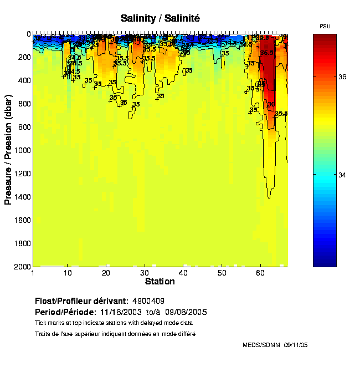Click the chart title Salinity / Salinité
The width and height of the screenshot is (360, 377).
click(160, 18)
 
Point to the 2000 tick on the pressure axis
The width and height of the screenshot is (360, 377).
click(23, 267)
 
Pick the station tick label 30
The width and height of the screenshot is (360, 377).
click(144, 273)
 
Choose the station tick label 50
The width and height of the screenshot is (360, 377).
click(222, 273)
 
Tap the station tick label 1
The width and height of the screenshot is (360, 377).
click(34, 273)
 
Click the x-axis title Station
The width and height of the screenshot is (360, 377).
click(160, 282)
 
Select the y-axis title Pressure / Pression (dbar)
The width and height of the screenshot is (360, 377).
click(8, 150)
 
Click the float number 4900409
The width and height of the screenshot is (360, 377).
click(148, 301)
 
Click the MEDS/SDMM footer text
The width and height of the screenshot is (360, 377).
click(261, 345)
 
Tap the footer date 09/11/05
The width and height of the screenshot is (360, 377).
click(296, 345)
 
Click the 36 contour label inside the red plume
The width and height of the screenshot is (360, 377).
click(271, 104)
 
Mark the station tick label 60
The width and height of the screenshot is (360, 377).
click(260, 273)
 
